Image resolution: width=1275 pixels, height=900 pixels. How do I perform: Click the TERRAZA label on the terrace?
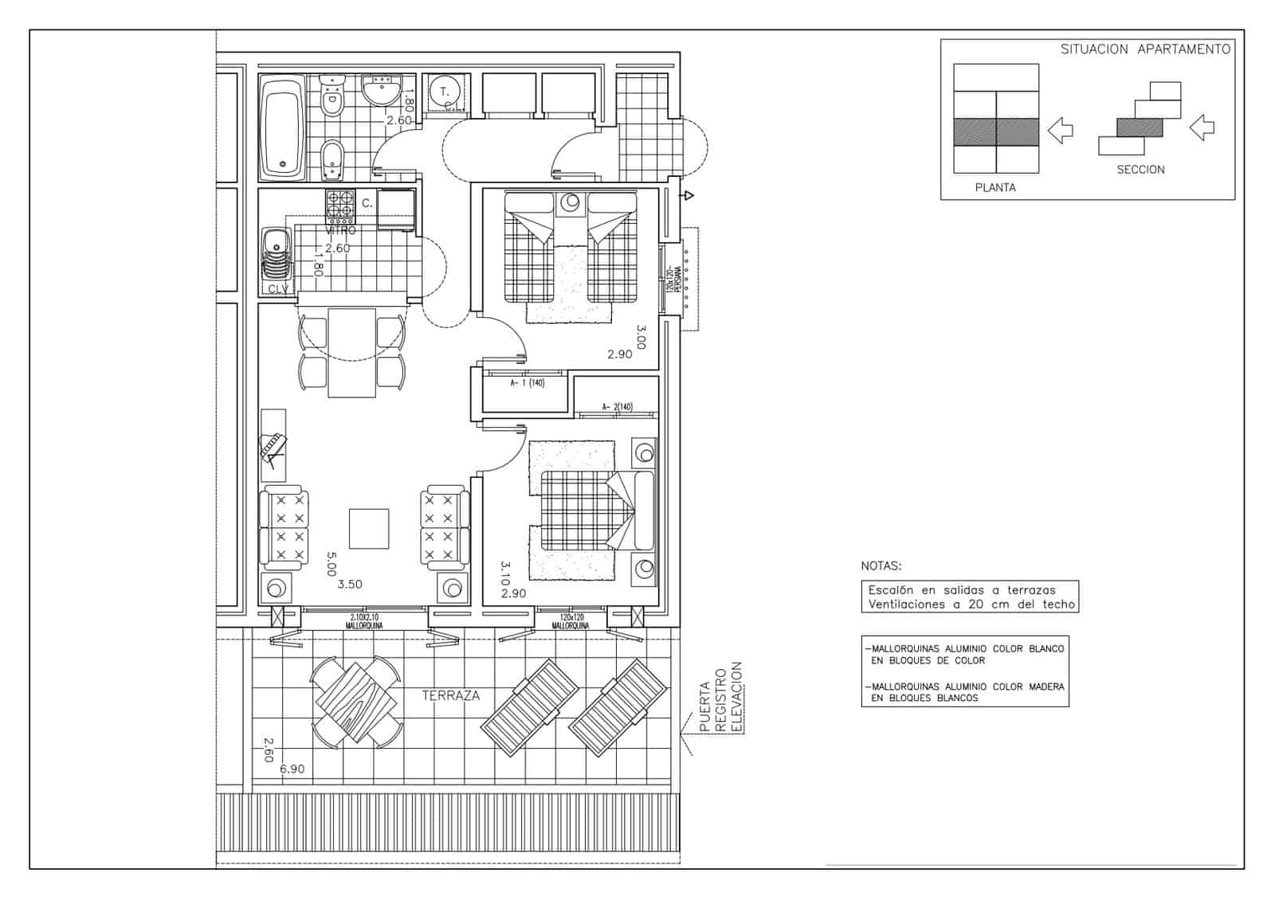(450, 695)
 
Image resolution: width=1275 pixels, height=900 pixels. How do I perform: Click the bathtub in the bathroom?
(281, 128)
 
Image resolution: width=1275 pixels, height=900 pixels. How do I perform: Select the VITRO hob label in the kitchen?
(340, 230)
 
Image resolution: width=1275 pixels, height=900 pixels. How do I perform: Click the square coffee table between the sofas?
(368, 530)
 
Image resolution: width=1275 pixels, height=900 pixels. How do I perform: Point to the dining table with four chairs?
(351, 352)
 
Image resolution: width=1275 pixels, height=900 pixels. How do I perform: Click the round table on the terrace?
(356, 702)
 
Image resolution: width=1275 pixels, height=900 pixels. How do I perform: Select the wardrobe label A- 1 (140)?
(527, 383)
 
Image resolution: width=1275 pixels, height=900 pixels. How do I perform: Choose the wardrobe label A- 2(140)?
(617, 407)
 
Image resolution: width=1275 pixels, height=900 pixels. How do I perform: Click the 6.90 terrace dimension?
(292, 769)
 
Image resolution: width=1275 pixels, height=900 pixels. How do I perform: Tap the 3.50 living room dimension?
(350, 585)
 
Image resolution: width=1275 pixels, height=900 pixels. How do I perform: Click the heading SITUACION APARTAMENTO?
(1144, 49)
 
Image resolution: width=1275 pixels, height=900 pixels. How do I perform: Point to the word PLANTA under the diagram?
(995, 188)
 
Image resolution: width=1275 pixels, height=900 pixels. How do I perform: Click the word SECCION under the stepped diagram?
(1140, 170)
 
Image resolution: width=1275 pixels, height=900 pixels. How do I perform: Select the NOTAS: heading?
(881, 566)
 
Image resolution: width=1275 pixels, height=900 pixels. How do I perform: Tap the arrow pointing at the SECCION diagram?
(1201, 127)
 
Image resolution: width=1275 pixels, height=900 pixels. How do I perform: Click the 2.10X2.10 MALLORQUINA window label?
(364, 621)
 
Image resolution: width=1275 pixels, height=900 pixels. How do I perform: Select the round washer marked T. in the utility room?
(445, 93)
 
